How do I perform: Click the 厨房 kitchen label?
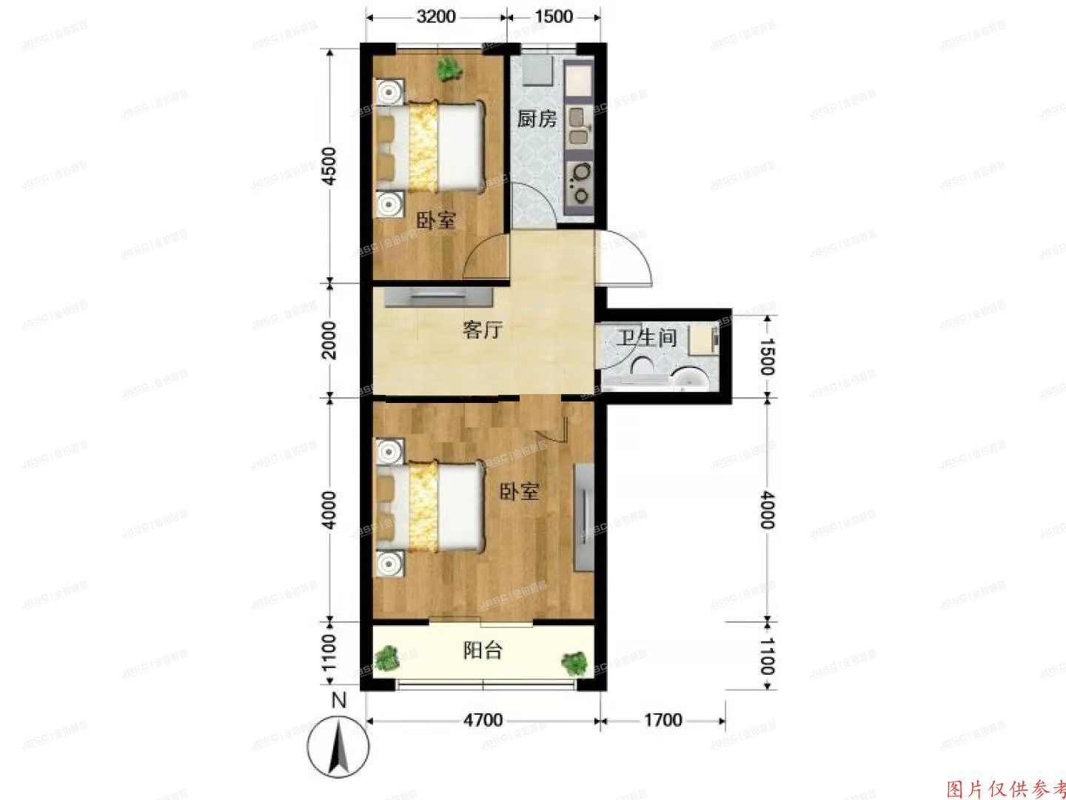click(537, 119)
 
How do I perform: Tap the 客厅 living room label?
click(482, 330)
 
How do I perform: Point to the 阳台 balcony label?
click(483, 650)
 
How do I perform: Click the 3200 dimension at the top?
click(435, 16)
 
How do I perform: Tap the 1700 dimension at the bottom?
click(662, 720)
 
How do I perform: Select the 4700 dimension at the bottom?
click(483, 720)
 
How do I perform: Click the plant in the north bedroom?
click(449, 69)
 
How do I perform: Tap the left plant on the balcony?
click(387, 659)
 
